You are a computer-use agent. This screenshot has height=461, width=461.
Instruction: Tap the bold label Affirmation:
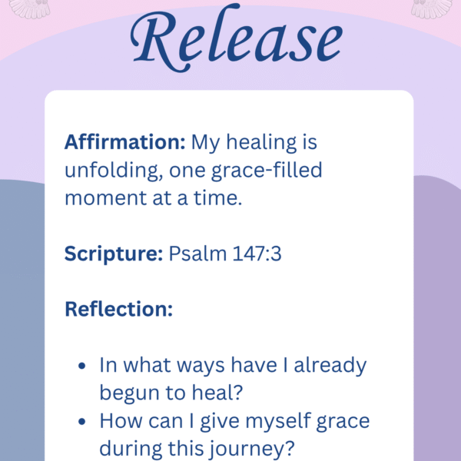click(124, 143)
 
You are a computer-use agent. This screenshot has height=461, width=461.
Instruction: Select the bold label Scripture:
click(113, 254)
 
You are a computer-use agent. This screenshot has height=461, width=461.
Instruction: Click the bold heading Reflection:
click(118, 309)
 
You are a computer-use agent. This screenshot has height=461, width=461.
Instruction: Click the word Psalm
click(193, 254)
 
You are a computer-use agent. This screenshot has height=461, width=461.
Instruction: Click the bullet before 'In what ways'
click(82, 366)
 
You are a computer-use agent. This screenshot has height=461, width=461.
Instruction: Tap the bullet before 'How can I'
click(82, 422)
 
